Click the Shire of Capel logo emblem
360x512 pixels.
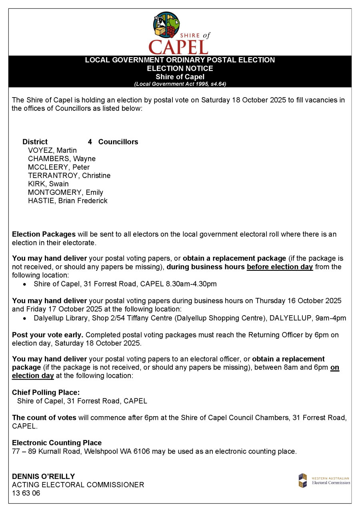tap(166, 25)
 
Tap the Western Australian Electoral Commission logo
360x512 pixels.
tap(324, 480)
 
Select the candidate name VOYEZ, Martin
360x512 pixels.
tap(52, 150)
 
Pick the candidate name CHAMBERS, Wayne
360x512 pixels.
tap(62, 159)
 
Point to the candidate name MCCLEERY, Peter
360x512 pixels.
tap(59, 167)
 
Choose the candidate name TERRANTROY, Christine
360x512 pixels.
tap(69, 176)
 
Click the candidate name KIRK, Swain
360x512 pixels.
tap(48, 184)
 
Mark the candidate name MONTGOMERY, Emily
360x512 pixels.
tap(66, 192)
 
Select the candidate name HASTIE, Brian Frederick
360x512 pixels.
tap(68, 201)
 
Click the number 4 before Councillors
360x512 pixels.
tap(90, 142)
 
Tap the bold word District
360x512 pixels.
tap(35, 142)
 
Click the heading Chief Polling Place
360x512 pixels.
tap(46, 393)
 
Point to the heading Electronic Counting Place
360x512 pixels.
tap(57, 443)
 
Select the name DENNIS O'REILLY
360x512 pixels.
tap(43, 477)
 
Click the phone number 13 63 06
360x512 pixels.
tap(26, 493)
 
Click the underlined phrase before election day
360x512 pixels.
tap(280, 267)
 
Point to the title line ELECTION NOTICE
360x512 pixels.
tap(180, 68)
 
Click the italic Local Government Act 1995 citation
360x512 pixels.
tap(180, 84)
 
